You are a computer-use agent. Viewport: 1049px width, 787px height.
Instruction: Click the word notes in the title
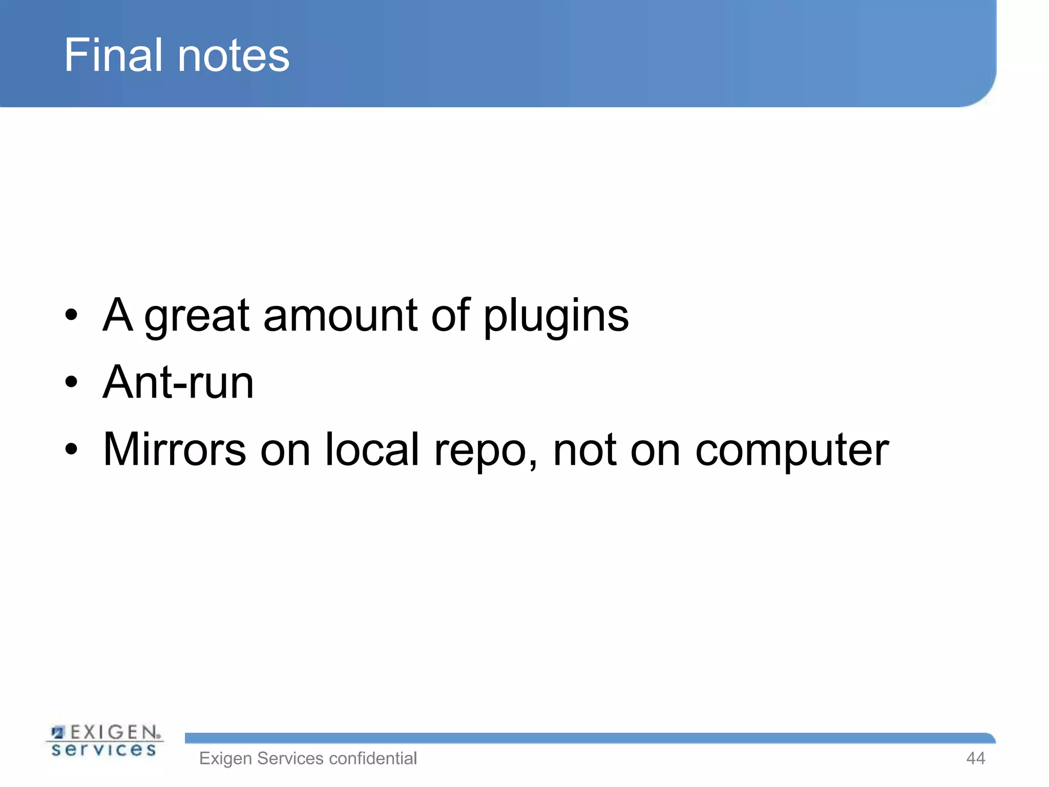[x=234, y=56]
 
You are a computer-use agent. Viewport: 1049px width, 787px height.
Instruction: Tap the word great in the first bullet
[x=197, y=317]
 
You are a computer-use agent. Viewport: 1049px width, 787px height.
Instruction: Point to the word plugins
[x=556, y=317]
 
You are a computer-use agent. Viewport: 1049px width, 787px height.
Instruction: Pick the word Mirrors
[x=175, y=449]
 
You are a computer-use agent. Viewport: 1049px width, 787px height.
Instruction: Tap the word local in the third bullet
[x=372, y=449]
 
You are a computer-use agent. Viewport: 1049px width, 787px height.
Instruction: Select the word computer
[x=792, y=451]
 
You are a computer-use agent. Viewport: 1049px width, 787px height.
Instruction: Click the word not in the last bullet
[x=584, y=449]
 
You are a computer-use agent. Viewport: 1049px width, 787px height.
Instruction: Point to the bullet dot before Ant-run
[x=71, y=382]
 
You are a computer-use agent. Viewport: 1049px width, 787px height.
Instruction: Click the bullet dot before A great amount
[x=71, y=315]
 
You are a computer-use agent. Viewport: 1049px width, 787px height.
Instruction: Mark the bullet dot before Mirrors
[x=71, y=449]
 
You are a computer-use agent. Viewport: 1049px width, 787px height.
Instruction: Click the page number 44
[x=975, y=758]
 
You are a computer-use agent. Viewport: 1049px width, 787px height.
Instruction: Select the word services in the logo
[x=104, y=750]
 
